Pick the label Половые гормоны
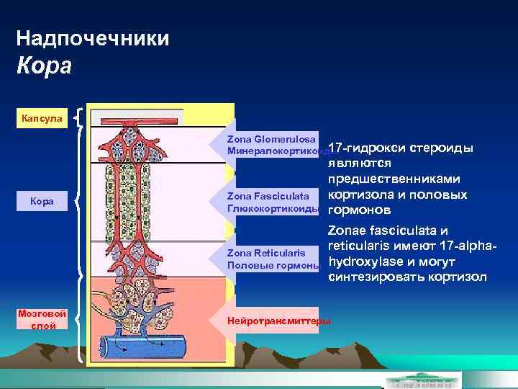point(273,265)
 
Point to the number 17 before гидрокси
point(335,148)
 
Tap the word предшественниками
point(394,179)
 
